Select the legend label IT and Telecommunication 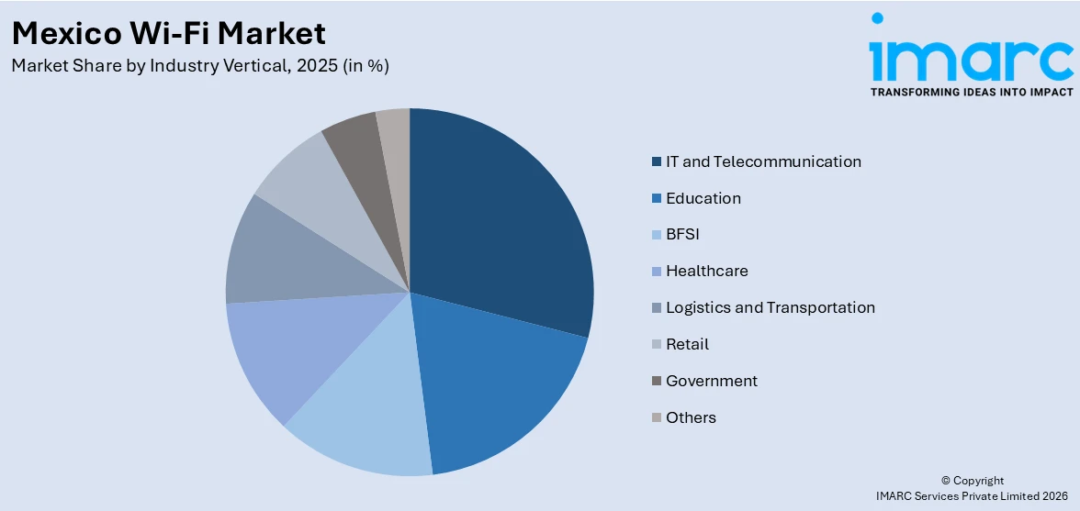pos(763,161)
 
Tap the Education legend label pos(703,198)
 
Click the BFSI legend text pos(682,235)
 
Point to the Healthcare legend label pos(706,272)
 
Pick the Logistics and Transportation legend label pos(770,307)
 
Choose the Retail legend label pos(687,344)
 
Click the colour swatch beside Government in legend pos(656,382)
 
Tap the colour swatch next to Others pos(656,418)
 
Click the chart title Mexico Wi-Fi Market pos(169,33)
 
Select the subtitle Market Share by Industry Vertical pos(200,66)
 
